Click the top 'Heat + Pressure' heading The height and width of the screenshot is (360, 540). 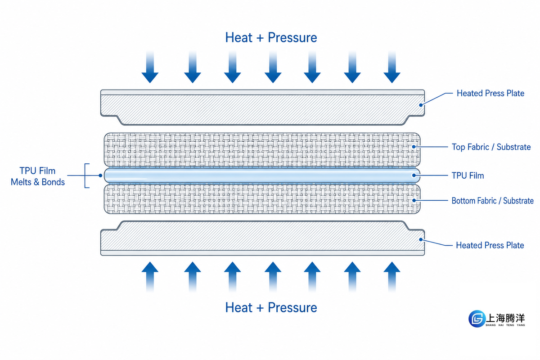pos(271,38)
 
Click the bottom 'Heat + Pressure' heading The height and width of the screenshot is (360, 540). pos(271,308)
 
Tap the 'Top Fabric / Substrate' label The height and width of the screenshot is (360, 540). pos(491,147)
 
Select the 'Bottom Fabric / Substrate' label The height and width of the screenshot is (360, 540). pos(492,201)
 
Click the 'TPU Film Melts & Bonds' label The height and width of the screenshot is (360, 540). pos(38,176)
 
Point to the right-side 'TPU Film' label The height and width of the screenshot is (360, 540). pos(468,175)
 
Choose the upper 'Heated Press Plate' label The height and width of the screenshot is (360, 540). pos(490,93)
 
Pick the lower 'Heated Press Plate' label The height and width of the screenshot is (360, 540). pos(490,245)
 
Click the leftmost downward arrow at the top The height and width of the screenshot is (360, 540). pos(150,67)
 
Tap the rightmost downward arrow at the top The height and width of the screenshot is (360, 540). pos(392,67)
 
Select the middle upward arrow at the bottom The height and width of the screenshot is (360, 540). pos(273,277)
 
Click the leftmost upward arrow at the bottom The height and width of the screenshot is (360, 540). pos(150,277)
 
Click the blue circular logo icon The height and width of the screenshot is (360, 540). pos(477,319)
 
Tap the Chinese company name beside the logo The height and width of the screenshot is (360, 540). pos(505,318)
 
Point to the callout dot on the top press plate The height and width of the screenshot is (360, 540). pos(421,105)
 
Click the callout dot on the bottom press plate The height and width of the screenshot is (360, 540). pos(421,239)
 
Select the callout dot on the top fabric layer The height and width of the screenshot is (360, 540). pos(414,147)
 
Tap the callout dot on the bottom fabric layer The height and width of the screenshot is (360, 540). pos(414,200)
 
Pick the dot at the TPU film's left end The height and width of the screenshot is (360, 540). pos(100,175)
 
